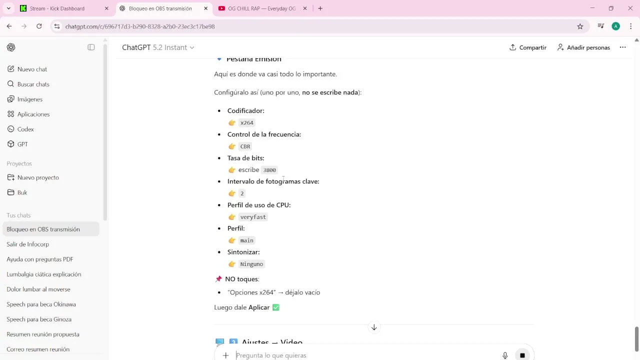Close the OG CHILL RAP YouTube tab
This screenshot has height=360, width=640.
pyautogui.click(x=305, y=8)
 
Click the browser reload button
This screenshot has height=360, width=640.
pyautogui.click(x=39, y=26)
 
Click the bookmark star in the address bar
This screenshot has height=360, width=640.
pyautogui.click(x=580, y=26)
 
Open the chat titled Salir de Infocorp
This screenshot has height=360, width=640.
pyautogui.click(x=27, y=244)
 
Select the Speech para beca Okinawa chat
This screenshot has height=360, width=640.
pyautogui.click(x=41, y=304)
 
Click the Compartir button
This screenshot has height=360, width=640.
pyautogui.click(x=527, y=47)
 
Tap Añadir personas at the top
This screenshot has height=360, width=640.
pyautogui.click(x=583, y=47)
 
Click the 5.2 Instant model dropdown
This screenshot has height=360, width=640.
pyautogui.click(x=173, y=47)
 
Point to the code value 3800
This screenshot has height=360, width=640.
pyautogui.click(x=269, y=170)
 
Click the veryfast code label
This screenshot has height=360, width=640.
pyautogui.click(x=253, y=217)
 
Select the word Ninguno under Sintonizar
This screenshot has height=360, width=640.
pyautogui.click(x=251, y=264)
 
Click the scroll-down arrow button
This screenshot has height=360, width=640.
pyautogui.click(x=374, y=327)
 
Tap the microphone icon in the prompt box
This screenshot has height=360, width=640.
pyautogui.click(x=505, y=355)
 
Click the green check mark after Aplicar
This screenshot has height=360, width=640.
pyautogui.click(x=275, y=307)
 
